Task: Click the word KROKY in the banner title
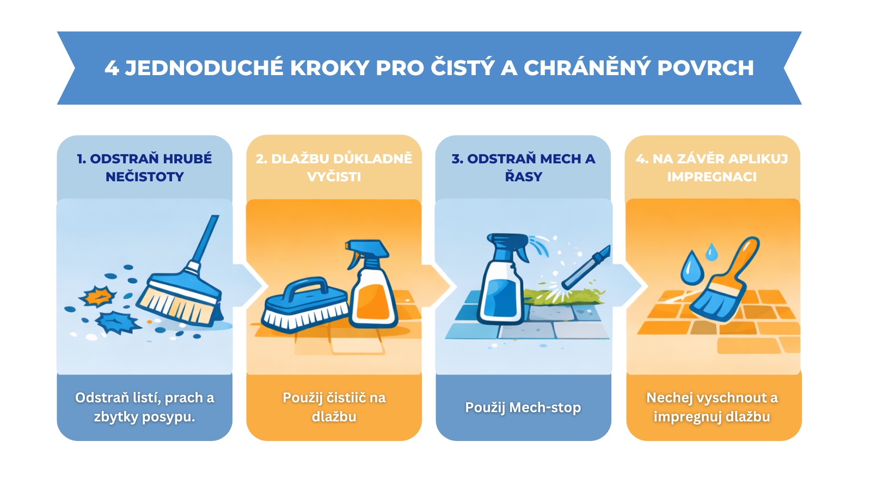point(329,68)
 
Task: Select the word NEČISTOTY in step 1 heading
point(145,177)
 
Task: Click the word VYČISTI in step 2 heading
point(334,177)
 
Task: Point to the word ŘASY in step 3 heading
point(523,177)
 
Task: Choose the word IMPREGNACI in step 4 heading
point(712,177)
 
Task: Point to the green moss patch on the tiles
point(564,296)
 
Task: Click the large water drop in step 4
point(692,268)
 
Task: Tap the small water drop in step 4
point(711,252)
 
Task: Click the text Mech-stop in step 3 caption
point(545,408)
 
